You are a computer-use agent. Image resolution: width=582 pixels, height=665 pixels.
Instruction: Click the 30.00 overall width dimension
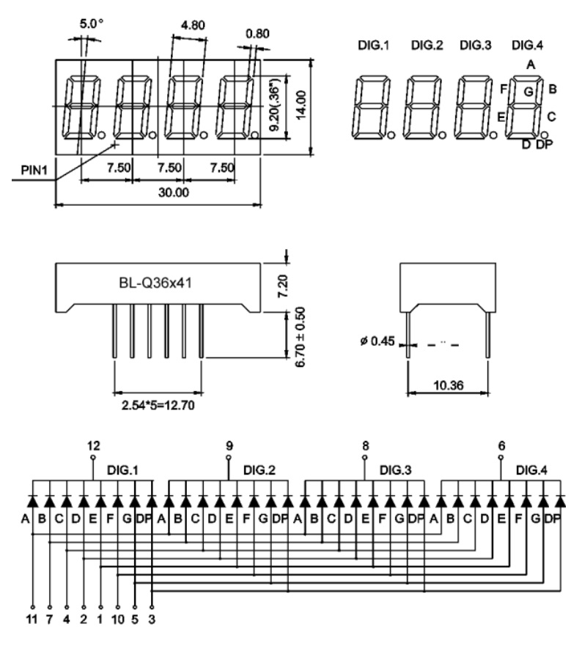tap(174, 193)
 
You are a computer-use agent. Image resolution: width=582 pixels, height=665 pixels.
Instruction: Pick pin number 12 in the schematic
tap(93, 445)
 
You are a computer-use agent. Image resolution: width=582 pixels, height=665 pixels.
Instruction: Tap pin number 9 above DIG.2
tap(229, 445)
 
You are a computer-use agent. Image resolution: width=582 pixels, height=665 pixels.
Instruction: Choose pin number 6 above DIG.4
tap(501, 445)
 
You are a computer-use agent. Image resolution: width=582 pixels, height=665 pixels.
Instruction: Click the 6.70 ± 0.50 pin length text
tap(300, 338)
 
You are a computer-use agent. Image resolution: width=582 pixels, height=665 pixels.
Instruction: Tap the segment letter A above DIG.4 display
tap(529, 64)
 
